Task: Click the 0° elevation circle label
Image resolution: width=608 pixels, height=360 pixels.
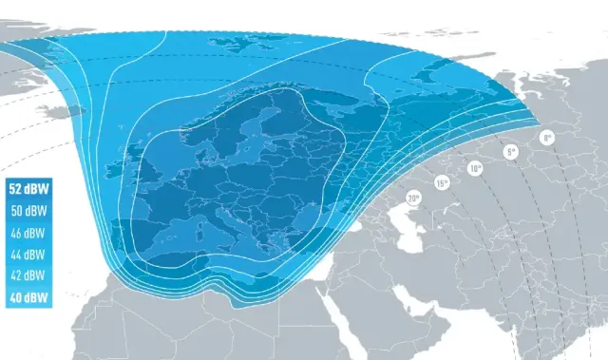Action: pos(546,138)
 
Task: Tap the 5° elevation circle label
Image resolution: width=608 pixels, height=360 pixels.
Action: pos(510,152)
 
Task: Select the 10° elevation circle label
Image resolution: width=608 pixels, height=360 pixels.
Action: pos(474,169)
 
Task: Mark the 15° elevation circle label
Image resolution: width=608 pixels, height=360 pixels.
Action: pos(442,182)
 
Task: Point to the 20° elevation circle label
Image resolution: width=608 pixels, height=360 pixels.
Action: pos(412,199)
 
